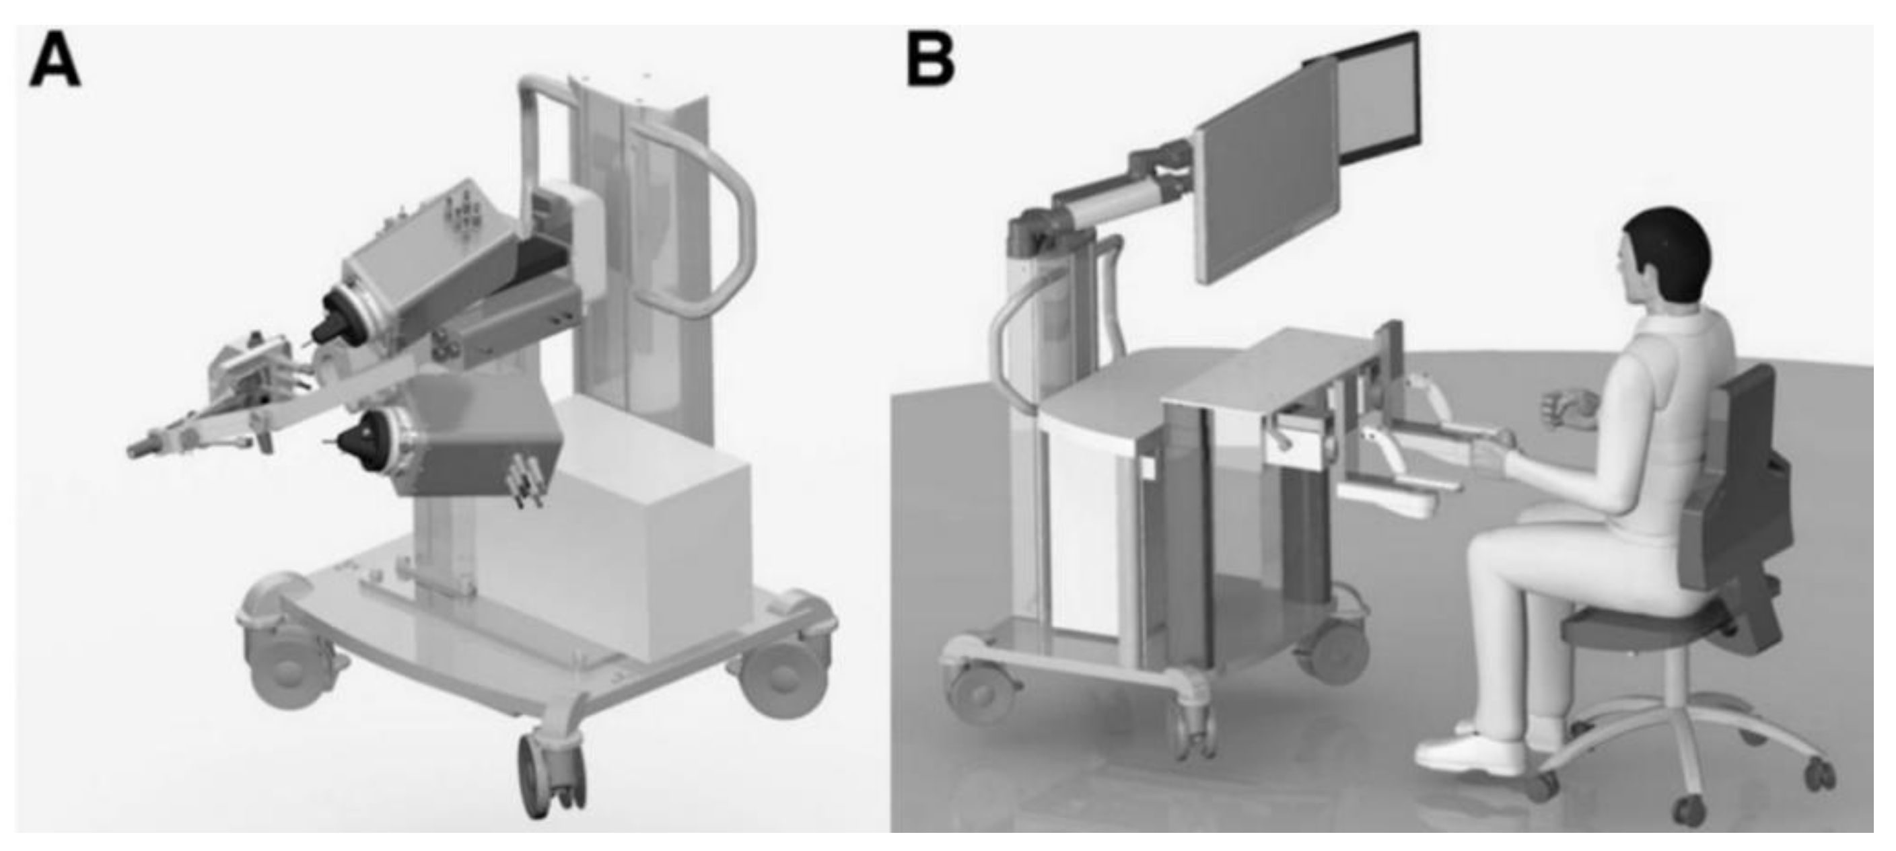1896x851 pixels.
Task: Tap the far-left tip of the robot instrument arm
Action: tap(135, 449)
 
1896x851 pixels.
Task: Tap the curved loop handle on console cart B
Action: tap(1012, 346)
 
